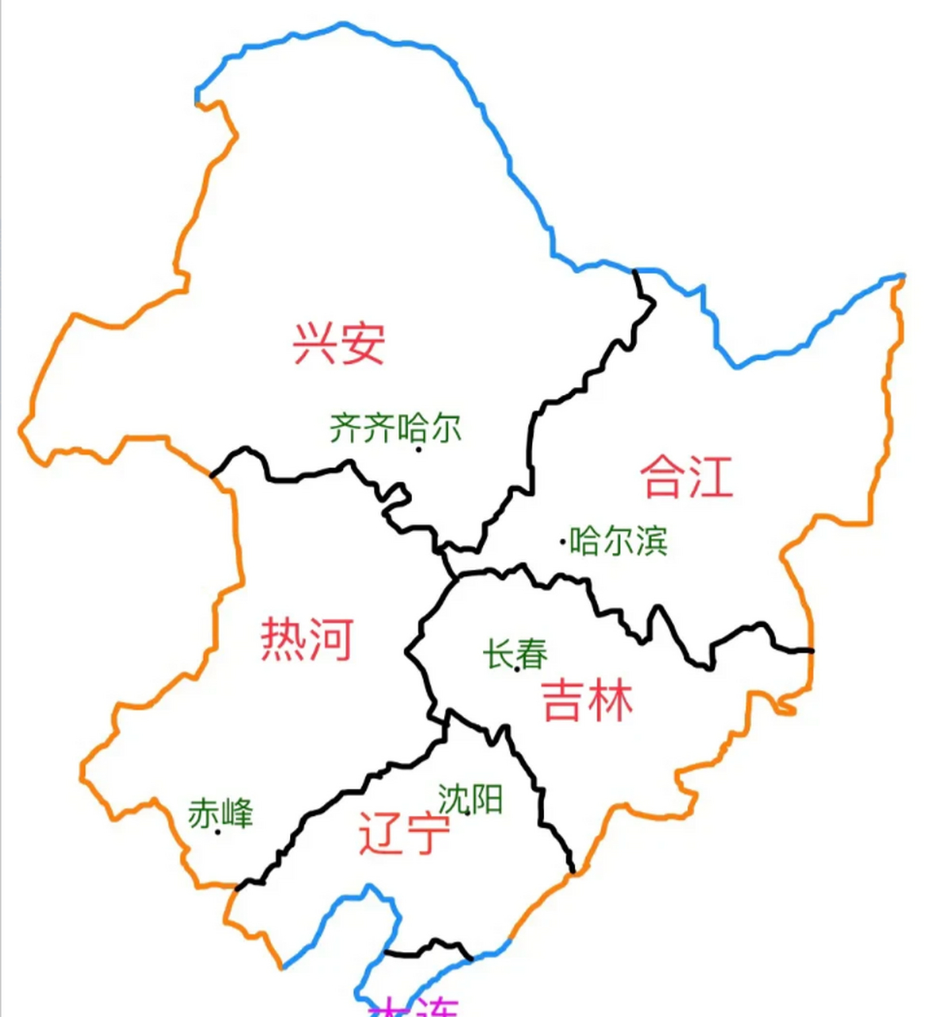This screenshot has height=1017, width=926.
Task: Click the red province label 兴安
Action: click(x=339, y=343)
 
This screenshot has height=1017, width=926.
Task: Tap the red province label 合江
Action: click(x=686, y=476)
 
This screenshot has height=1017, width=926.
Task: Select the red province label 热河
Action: click(x=307, y=639)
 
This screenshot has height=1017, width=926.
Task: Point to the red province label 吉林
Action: click(x=588, y=700)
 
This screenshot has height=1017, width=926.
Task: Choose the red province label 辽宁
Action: click(x=404, y=832)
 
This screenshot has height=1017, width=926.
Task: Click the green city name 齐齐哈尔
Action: click(x=395, y=429)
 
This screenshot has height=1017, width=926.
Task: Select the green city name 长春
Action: click(x=515, y=655)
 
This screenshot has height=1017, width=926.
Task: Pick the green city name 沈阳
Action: click(x=470, y=799)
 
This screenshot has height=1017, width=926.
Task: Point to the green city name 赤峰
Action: click(x=221, y=814)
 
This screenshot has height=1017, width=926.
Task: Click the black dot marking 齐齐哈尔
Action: click(x=419, y=450)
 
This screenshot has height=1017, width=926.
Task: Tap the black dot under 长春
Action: click(x=517, y=669)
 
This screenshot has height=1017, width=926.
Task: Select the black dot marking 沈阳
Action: click(x=467, y=811)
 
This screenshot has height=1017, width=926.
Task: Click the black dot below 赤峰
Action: click(x=218, y=832)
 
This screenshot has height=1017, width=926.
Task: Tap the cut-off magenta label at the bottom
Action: click(x=413, y=1007)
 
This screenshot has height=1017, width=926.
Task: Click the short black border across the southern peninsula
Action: click(x=429, y=948)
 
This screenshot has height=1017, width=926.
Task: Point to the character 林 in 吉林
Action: click(x=611, y=700)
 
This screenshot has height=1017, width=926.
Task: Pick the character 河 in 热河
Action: click(x=330, y=639)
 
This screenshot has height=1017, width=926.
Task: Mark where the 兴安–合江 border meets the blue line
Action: click(x=635, y=271)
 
